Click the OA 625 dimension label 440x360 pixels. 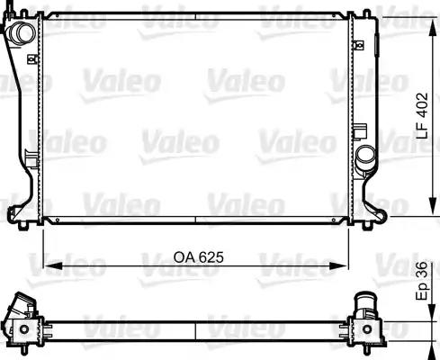(199, 257)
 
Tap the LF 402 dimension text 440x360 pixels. (423, 116)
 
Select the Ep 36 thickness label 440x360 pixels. (422, 281)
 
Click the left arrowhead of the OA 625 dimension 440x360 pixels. (53, 265)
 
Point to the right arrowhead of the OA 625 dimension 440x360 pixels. (339, 265)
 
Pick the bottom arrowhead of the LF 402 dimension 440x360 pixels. (433, 206)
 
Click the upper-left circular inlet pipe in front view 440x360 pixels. (21, 33)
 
